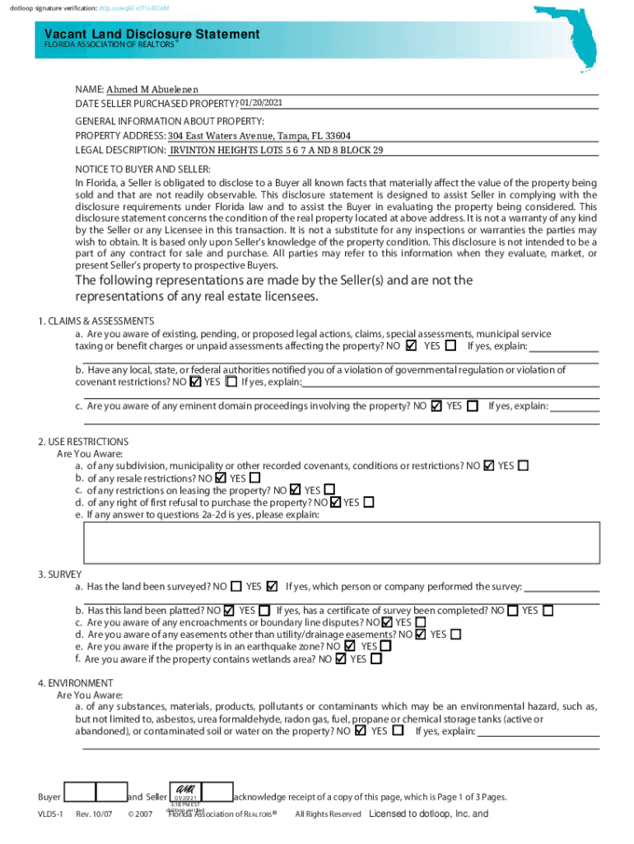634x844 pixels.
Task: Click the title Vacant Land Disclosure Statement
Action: (x=152, y=34)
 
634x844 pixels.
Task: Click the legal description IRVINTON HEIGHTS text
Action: (x=276, y=150)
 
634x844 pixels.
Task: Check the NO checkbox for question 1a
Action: (x=412, y=346)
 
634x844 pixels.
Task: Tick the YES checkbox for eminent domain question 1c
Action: (x=472, y=406)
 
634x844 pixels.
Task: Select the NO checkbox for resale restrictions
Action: (x=220, y=477)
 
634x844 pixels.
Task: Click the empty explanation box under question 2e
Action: (x=341, y=541)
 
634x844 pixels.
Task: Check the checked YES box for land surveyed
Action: (x=273, y=587)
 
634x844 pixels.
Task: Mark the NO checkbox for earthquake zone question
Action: (x=350, y=646)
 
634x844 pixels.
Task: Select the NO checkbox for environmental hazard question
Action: (x=360, y=730)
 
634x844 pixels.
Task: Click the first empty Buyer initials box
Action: (x=79, y=792)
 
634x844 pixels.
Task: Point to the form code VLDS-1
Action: (x=50, y=814)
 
